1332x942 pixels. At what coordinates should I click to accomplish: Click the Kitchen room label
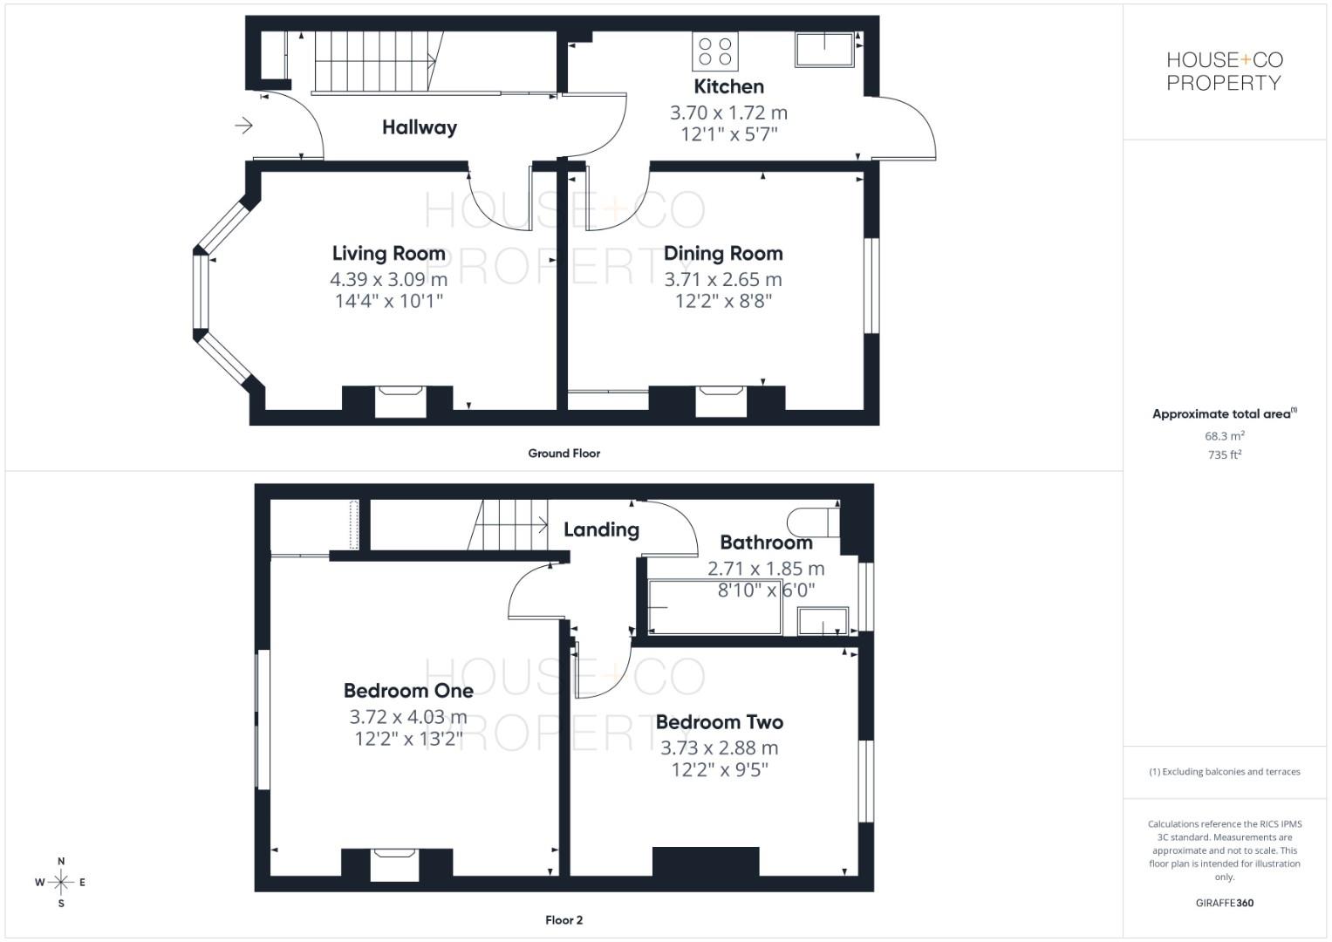[728, 86]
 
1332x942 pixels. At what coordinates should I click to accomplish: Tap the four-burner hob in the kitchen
[714, 51]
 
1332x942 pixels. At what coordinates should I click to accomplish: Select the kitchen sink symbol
[824, 50]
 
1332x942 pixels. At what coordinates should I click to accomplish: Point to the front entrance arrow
[243, 126]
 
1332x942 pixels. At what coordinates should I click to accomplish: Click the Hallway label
[419, 127]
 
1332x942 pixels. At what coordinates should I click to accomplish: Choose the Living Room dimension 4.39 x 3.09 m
[388, 279]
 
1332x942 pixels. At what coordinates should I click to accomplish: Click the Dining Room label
[723, 253]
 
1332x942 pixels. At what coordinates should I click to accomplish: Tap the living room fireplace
[400, 401]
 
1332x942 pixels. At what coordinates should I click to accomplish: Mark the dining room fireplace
[721, 401]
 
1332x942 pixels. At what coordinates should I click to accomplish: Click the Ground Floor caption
[564, 453]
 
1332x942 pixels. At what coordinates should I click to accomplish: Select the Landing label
[601, 529]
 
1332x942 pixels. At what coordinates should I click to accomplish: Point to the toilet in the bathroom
[811, 522]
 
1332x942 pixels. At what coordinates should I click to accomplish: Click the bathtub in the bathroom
[714, 608]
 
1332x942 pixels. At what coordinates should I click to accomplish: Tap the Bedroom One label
[408, 690]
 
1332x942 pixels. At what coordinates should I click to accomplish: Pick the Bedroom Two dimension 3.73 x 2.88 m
[719, 747]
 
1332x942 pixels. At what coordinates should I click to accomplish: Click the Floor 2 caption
[564, 919]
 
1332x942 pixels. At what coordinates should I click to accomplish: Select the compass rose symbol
[61, 882]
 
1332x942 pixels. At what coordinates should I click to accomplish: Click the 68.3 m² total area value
[1224, 435]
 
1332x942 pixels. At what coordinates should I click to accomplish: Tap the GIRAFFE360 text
[1224, 903]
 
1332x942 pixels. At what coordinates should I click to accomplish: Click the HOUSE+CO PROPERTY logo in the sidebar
[1224, 72]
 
